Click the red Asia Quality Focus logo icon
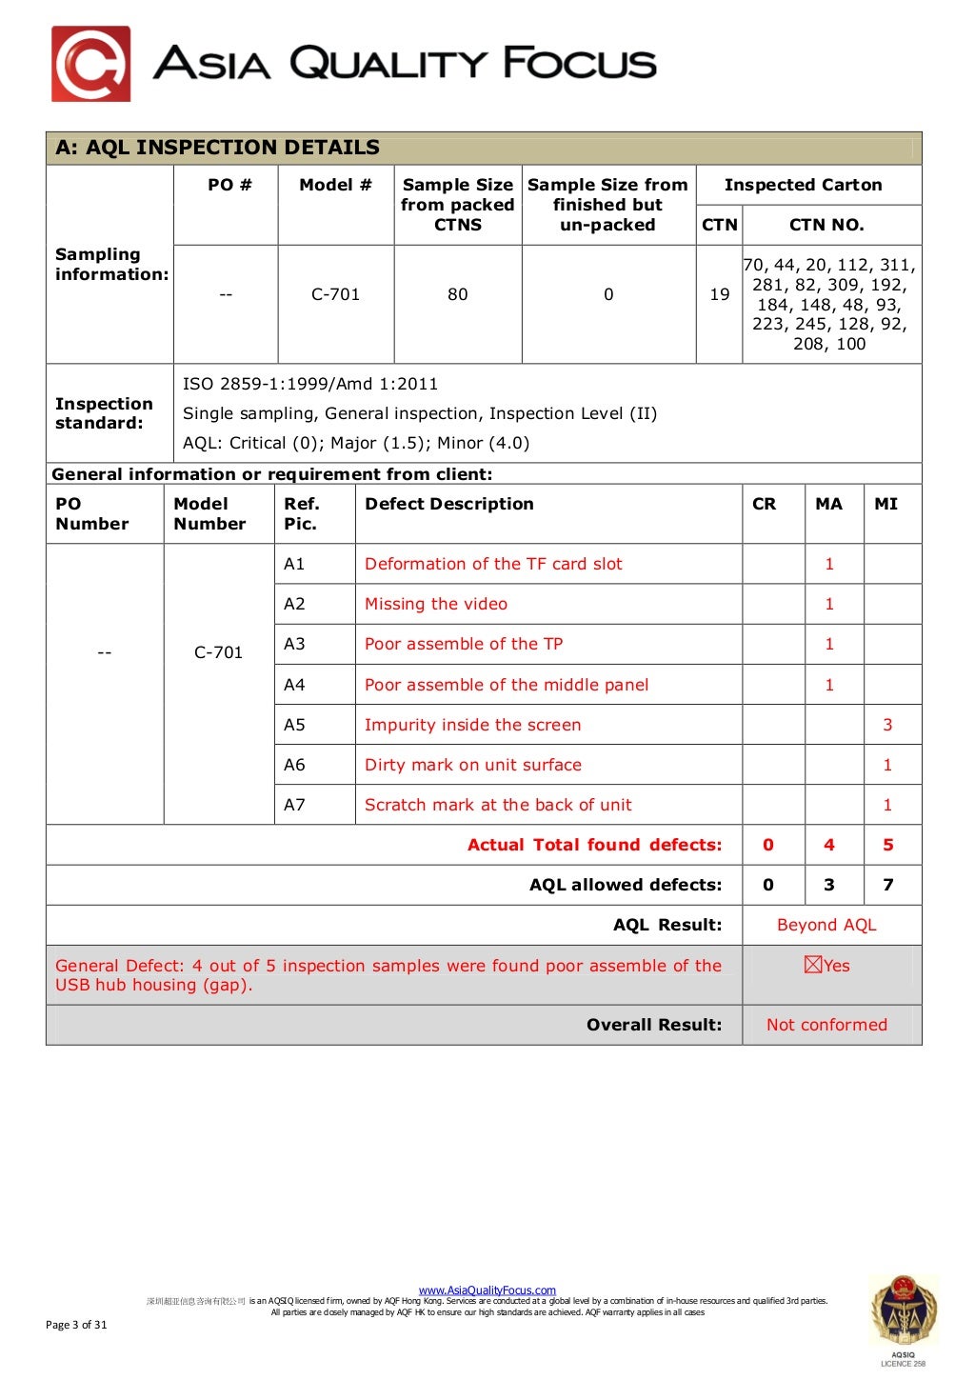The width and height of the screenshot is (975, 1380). click(x=90, y=64)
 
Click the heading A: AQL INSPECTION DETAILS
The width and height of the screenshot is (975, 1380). click(x=217, y=148)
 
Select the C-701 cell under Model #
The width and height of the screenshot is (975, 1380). click(x=335, y=294)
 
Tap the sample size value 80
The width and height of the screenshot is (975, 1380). click(x=457, y=294)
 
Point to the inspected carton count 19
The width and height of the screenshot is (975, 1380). click(x=719, y=294)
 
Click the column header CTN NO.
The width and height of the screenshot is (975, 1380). click(x=826, y=225)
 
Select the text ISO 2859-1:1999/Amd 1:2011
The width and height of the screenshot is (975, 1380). click(x=310, y=384)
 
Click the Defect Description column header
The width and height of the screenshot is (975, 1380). click(x=448, y=504)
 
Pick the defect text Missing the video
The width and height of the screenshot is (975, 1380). click(x=436, y=604)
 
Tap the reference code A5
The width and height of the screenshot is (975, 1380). click(x=294, y=725)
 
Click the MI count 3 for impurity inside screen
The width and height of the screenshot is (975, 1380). click(x=887, y=725)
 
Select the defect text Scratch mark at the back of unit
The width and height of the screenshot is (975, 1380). click(x=498, y=805)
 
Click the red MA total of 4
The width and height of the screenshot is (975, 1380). click(x=828, y=845)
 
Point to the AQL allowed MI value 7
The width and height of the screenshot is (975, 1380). click(x=887, y=885)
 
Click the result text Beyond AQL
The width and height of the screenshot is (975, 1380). click(x=826, y=925)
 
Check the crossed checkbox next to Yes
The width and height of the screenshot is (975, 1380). click(x=812, y=965)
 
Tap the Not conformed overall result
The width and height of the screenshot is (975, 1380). click(x=826, y=1025)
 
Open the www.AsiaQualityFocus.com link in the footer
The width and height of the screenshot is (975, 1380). click(x=487, y=1290)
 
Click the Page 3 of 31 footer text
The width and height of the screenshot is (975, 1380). click(x=76, y=1325)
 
